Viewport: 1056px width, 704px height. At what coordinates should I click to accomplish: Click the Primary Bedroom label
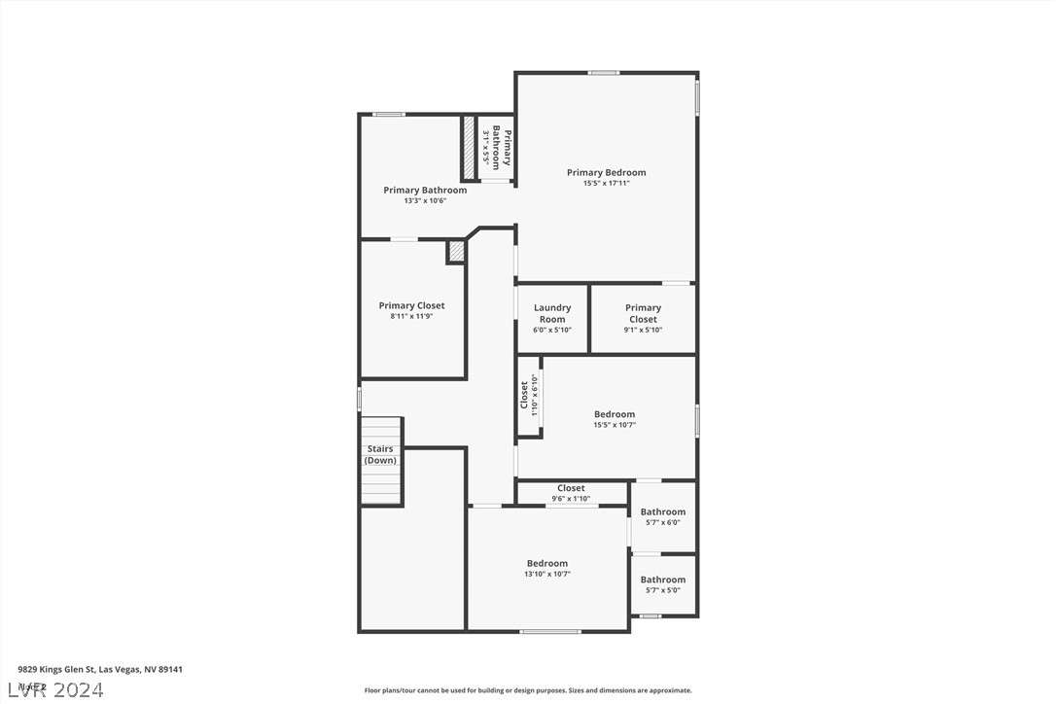[x=606, y=173]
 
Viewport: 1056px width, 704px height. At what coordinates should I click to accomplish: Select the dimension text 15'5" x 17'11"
[x=606, y=184]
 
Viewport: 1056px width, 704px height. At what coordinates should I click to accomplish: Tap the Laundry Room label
[x=552, y=313]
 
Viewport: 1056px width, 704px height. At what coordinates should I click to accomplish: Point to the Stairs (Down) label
[x=380, y=454]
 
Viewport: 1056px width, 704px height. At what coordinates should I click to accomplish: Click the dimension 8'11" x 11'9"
[x=411, y=316]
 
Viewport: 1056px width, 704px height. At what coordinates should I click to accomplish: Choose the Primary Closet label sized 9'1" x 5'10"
[x=643, y=313]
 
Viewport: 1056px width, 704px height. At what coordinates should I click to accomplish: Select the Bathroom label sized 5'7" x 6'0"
[x=662, y=511]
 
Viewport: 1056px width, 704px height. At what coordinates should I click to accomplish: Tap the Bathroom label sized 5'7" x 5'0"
[x=662, y=580]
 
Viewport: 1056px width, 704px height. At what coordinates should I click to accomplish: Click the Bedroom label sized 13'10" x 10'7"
[x=547, y=563]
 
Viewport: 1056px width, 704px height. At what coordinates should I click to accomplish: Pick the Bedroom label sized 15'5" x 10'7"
[x=615, y=414]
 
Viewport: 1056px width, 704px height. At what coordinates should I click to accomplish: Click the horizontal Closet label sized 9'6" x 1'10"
[x=571, y=488]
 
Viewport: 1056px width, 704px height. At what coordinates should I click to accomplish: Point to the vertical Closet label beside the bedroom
[x=524, y=395]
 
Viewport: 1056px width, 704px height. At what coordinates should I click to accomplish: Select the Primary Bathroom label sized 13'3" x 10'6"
[x=425, y=191]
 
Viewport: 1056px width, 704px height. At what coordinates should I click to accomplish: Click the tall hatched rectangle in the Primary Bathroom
[x=468, y=147]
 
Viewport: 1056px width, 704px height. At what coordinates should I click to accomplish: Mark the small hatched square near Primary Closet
[x=456, y=251]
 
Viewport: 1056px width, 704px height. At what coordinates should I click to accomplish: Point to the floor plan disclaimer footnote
[x=528, y=690]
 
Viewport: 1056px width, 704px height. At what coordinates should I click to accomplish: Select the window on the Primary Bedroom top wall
[x=603, y=73]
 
